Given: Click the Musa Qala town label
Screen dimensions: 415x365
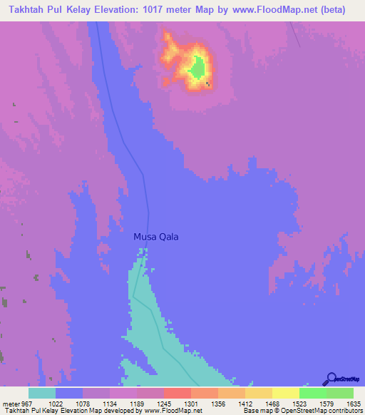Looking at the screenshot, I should coord(156,237).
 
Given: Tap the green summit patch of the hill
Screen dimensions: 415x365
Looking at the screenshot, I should coord(198,68).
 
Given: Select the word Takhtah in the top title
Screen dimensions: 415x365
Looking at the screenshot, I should coord(31,10).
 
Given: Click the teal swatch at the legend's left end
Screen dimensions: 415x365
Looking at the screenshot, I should coord(42,393).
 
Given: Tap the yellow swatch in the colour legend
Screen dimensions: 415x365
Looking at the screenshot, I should coord(286,393).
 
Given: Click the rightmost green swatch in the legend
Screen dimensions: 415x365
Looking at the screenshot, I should coord(340,393).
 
